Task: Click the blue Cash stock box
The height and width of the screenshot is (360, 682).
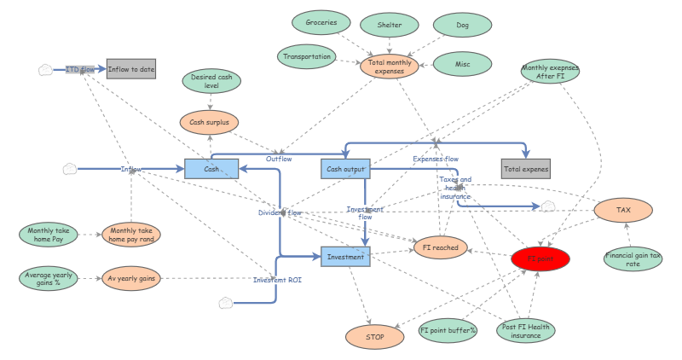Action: coord(211,169)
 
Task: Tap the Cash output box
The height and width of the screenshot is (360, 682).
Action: coord(345,169)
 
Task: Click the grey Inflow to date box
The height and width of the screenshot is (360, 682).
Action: coord(131,69)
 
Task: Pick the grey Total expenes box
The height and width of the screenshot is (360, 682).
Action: coord(525,169)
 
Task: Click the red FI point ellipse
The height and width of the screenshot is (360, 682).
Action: coord(540,257)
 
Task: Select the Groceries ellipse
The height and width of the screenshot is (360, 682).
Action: coord(321,23)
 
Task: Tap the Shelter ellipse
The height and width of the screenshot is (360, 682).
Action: coord(389,26)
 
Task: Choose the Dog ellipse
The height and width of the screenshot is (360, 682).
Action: coord(462,26)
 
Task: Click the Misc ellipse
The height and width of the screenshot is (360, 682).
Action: coord(462,63)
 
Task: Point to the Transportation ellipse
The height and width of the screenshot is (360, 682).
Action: coord(307,57)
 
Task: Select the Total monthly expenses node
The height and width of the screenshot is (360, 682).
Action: coord(390,66)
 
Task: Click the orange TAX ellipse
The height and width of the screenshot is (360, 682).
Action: coord(623,210)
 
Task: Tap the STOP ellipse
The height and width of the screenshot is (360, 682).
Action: coord(375,337)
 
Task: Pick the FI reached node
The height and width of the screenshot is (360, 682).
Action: coord(441,247)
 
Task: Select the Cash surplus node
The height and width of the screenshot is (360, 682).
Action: coord(209,122)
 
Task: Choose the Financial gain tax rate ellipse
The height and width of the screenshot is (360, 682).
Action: coord(633,258)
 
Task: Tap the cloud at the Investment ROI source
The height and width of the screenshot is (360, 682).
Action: coord(226,303)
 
